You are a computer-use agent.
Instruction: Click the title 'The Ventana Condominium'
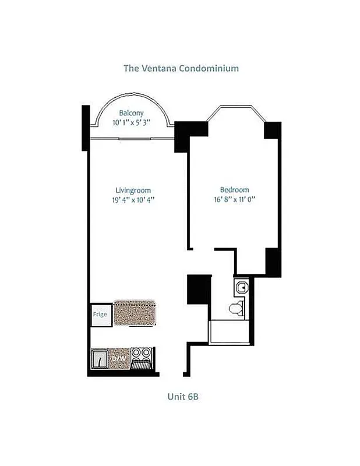click(181, 68)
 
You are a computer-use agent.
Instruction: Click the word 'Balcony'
click(131, 113)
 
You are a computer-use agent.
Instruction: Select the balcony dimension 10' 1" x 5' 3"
click(131, 123)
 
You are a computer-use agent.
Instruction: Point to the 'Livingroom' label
click(133, 190)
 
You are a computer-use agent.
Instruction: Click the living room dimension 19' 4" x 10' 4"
click(133, 200)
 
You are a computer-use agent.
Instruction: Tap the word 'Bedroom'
click(234, 190)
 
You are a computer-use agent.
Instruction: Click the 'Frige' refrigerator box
click(100, 315)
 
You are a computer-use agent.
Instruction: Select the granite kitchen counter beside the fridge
click(135, 313)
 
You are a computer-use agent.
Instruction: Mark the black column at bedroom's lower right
click(273, 262)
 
